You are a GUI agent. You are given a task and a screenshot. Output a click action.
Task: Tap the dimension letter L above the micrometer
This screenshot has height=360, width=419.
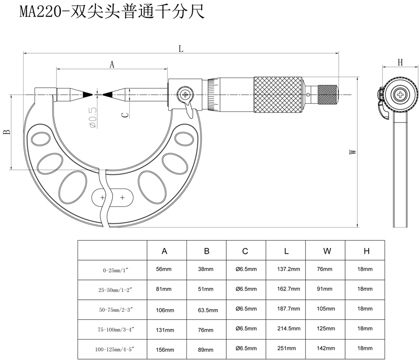pyautogui.click(x=181, y=49)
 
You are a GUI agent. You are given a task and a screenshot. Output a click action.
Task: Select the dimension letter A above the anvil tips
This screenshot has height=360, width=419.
pyautogui.click(x=111, y=64)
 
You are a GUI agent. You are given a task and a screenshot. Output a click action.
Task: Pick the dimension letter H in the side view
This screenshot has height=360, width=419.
pyautogui.click(x=400, y=63)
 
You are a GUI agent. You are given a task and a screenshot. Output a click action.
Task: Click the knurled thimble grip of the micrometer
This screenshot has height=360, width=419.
pyautogui.click(x=278, y=95)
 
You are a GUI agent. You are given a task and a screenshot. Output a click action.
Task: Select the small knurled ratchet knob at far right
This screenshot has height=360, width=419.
pyautogui.click(x=328, y=95)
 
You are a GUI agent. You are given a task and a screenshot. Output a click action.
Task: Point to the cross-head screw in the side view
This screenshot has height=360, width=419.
pyautogui.click(x=401, y=95)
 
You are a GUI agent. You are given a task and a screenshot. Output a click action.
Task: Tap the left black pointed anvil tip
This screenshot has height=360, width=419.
pyautogui.click(x=87, y=95)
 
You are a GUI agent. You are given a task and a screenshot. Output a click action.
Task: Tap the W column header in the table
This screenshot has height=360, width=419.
pyautogui.click(x=327, y=251)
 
